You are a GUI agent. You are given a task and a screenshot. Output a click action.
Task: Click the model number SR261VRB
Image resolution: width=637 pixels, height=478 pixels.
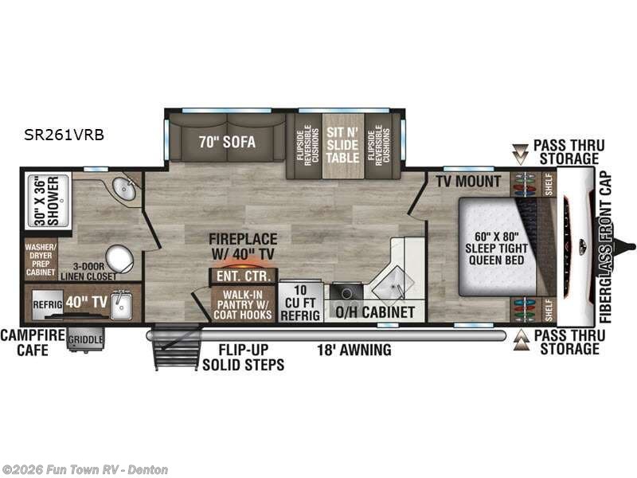click(64, 135)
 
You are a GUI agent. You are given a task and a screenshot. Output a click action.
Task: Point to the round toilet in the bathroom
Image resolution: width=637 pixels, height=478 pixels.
click(120, 258)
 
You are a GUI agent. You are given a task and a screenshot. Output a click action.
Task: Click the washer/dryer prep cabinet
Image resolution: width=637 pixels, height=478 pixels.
click(40, 259)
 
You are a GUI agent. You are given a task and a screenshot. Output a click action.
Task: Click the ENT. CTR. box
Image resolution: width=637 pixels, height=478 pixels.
click(243, 276)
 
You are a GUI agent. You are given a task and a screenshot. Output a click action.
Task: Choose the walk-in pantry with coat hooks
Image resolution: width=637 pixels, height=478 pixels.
click(242, 304)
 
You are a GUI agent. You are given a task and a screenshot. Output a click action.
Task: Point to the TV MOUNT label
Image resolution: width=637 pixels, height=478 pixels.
click(468, 182)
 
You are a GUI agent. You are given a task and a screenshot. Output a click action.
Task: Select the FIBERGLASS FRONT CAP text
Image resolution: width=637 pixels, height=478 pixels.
click(605, 247)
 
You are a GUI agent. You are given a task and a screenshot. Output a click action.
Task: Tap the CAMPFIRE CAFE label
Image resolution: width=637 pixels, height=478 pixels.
click(32, 343)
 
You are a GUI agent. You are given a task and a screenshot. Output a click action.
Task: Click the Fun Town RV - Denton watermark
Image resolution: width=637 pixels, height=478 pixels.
click(85, 469)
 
